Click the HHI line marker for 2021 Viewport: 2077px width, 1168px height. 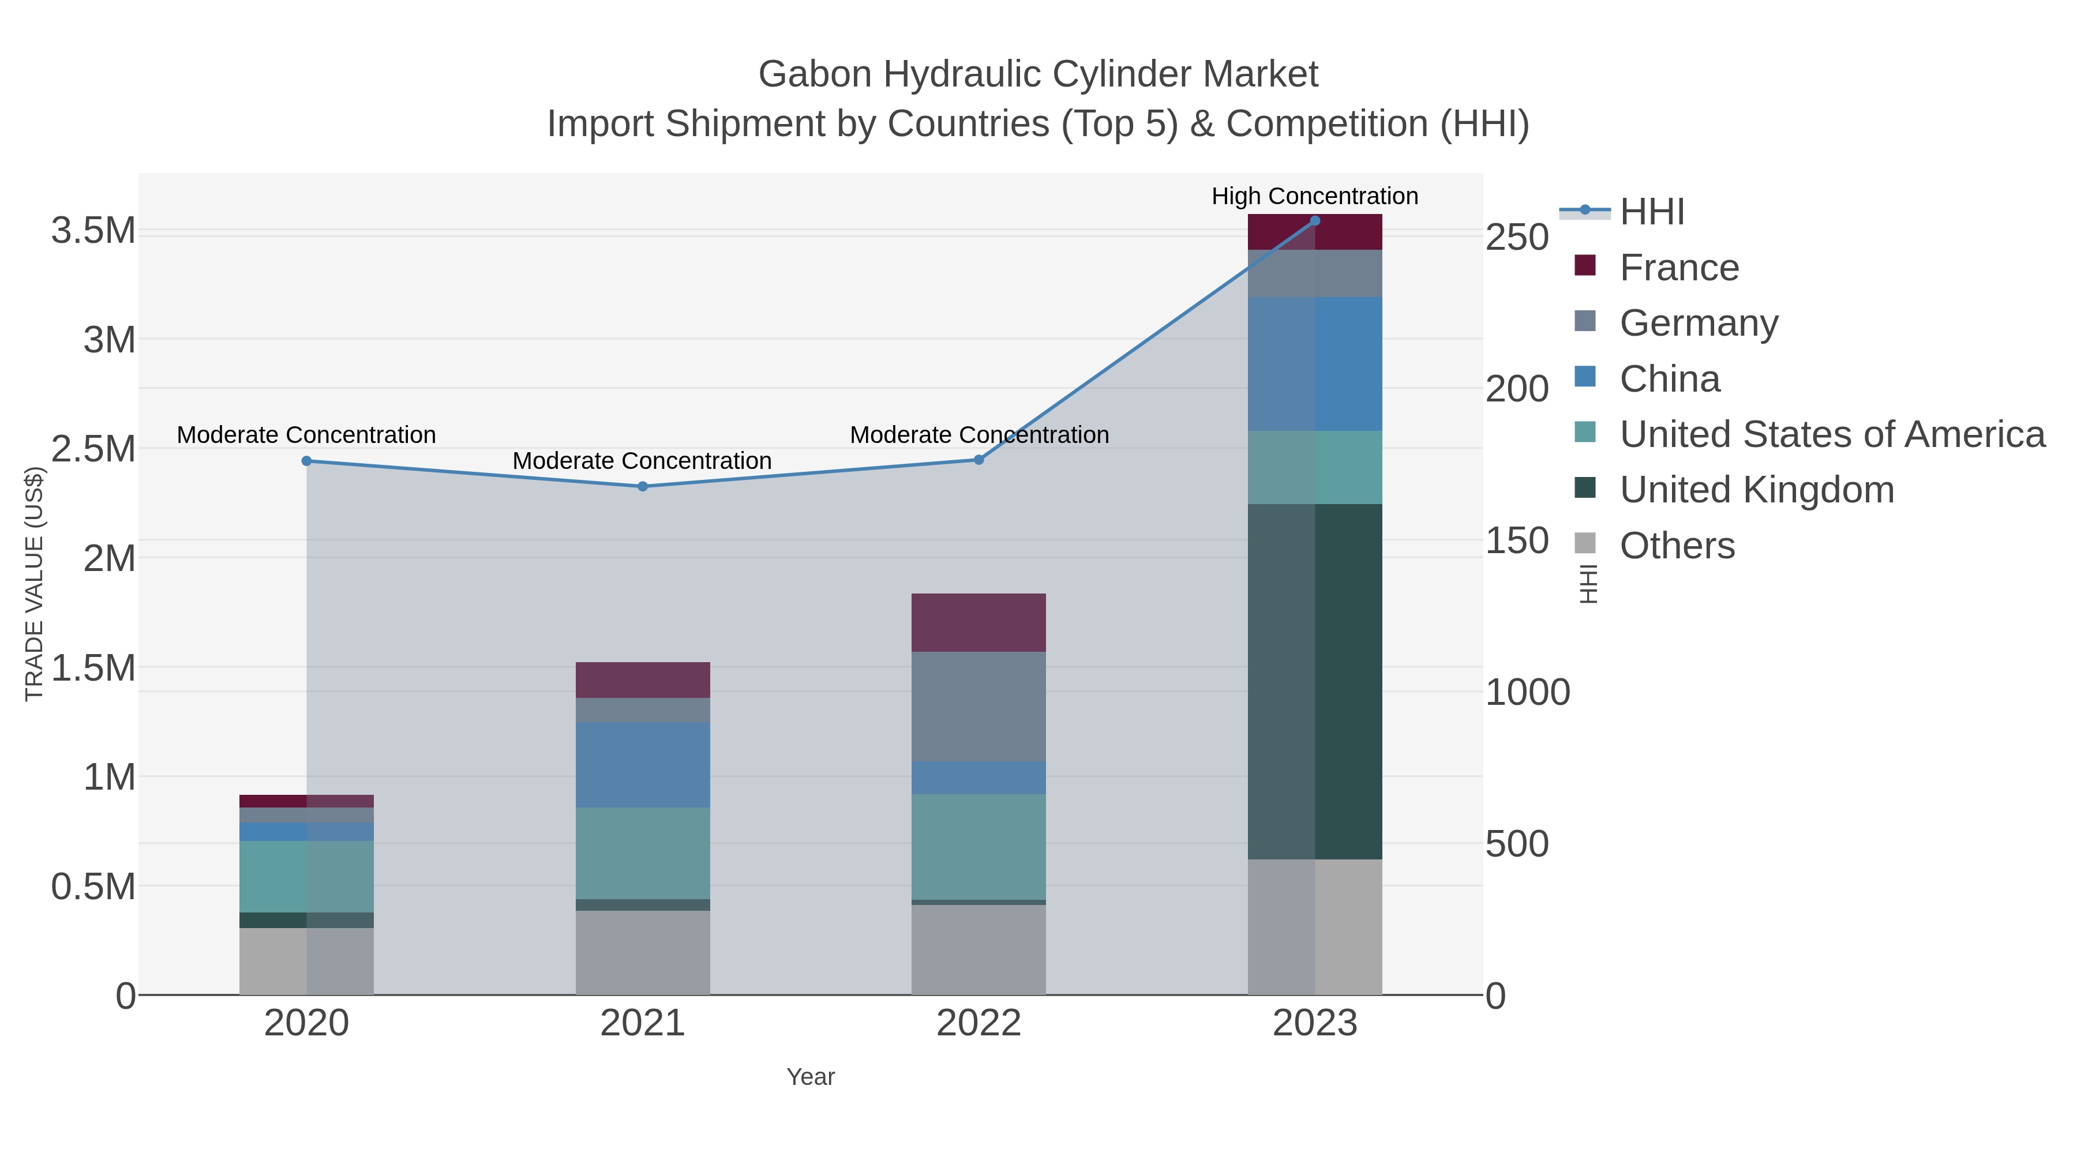click(643, 486)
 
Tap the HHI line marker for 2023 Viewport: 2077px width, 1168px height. click(1315, 221)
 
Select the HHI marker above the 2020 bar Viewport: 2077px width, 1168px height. click(306, 461)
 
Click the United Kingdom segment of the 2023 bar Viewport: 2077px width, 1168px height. click(1315, 681)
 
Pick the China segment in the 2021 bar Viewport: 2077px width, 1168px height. click(643, 764)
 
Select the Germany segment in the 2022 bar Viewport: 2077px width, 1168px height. click(979, 706)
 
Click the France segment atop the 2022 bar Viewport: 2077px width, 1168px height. click(979, 622)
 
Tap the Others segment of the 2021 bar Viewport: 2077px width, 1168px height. click(643, 953)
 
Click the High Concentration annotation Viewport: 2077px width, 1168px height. click(1314, 196)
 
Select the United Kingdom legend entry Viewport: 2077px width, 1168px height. click(1756, 490)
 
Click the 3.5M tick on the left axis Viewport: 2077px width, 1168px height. click(93, 231)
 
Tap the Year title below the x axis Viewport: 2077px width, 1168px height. click(811, 1077)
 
